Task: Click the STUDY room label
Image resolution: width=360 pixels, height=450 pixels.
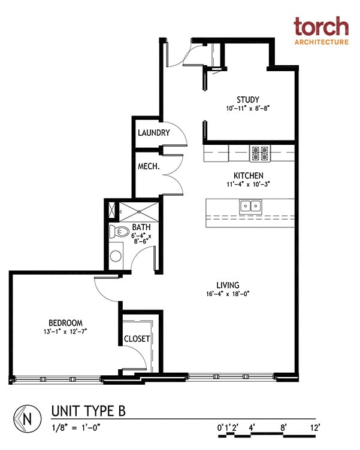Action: tap(248, 99)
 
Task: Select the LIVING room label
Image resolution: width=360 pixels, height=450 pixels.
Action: tap(228, 285)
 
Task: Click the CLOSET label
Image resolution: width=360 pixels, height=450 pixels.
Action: tap(137, 339)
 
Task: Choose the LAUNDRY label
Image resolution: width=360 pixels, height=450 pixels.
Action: tap(154, 133)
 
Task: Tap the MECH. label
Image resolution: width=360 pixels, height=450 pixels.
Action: tap(148, 166)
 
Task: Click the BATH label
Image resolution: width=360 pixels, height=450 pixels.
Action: tap(141, 227)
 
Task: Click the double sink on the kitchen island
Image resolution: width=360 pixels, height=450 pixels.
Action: tap(251, 206)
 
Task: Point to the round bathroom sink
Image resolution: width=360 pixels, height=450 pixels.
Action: tap(116, 256)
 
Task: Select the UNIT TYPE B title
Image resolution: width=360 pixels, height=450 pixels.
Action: tap(88, 411)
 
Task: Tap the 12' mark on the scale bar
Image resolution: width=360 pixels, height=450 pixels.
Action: tap(314, 427)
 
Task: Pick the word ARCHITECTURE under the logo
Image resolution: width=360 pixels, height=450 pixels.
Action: tap(320, 42)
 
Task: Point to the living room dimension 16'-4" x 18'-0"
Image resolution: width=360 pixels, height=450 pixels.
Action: tap(228, 294)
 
